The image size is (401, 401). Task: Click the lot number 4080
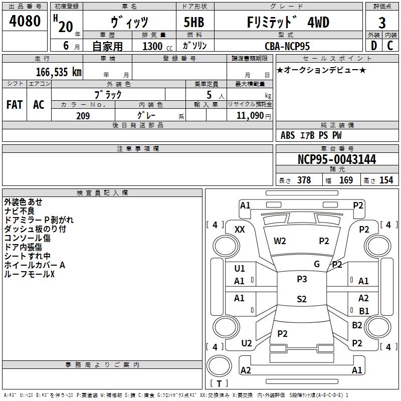[25, 22]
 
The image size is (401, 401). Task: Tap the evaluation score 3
[382, 23]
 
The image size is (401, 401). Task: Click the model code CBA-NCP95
[287, 46]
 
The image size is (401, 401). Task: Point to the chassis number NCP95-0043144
[336, 159]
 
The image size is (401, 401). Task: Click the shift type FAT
[14, 104]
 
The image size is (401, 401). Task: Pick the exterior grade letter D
[373, 46]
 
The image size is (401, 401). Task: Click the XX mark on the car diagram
[240, 229]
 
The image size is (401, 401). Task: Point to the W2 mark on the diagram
[280, 241]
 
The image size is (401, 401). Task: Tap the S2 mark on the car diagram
[301, 299]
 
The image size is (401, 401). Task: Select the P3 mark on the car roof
[301, 279]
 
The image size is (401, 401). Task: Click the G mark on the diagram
[317, 264]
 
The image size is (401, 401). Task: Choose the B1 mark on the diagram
[364, 311]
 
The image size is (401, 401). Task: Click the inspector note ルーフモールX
[29, 274]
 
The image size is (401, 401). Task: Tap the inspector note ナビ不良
[20, 211]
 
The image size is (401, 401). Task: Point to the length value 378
[304, 180]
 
